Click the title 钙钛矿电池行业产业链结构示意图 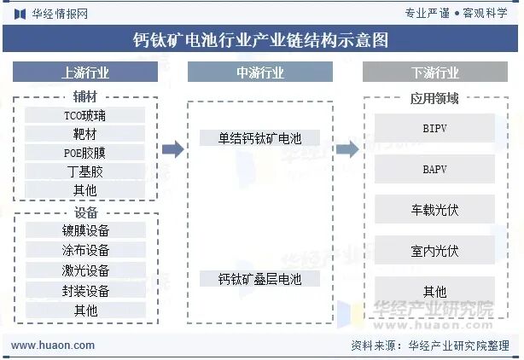coord(261,40)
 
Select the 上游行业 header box coord(85,73)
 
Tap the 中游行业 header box coord(260,73)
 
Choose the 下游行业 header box coord(434,73)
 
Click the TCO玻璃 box coord(85,115)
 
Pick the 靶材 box coord(85,134)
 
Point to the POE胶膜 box coord(85,153)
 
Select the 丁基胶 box coord(85,171)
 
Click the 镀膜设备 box coord(85,230)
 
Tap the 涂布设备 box coord(85,250)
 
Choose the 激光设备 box coord(85,270)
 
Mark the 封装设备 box coord(85,290)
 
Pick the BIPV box coord(434,129)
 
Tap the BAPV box coord(434,169)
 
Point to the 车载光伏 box coord(434,210)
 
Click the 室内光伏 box coord(434,251)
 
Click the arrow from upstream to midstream coord(173,149)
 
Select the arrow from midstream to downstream coord(347,149)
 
